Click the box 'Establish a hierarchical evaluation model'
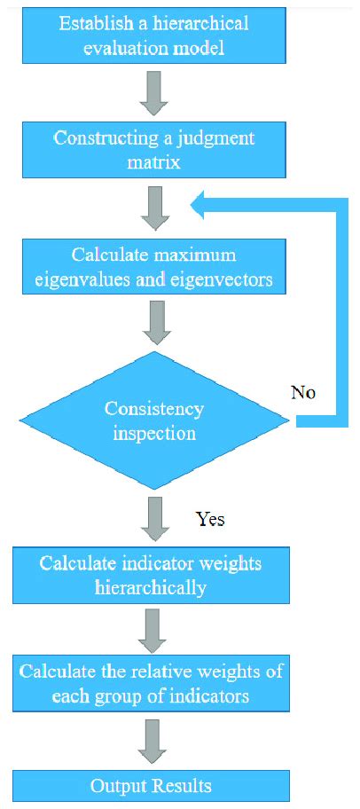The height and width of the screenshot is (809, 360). click(x=155, y=35)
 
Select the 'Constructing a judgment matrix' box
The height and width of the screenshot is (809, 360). click(x=155, y=150)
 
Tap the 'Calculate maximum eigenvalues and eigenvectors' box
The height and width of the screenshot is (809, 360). click(x=155, y=269)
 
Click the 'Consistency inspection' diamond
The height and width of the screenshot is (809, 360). click(x=155, y=421)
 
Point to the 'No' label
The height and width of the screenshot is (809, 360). click(x=302, y=392)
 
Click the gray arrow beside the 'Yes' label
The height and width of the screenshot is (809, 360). click(x=155, y=520)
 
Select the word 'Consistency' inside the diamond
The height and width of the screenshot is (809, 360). click(x=154, y=409)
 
